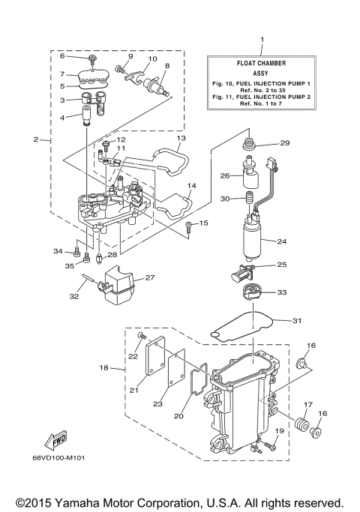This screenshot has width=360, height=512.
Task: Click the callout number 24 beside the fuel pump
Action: click(x=282, y=241)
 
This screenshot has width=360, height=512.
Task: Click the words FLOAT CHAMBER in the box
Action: click(x=262, y=64)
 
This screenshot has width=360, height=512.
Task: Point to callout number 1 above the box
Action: click(x=262, y=39)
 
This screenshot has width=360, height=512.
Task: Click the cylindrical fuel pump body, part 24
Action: click(x=252, y=237)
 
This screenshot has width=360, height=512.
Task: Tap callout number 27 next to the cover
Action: click(x=149, y=278)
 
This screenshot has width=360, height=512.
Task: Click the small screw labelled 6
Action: click(x=92, y=58)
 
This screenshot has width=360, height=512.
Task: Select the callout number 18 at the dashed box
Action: click(x=104, y=368)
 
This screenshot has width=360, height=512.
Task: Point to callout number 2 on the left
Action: click(x=35, y=140)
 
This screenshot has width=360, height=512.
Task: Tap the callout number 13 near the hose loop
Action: click(x=181, y=139)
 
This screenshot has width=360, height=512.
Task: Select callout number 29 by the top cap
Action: click(x=284, y=143)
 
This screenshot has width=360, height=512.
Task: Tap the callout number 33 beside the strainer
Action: click(x=282, y=292)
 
